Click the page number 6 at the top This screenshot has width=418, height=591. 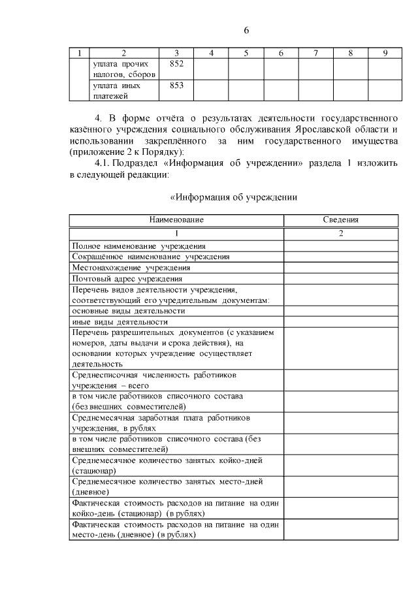pyautogui.click(x=247, y=30)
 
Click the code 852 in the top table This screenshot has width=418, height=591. pyautogui.click(x=176, y=64)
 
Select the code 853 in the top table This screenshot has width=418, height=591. pyautogui.click(x=176, y=86)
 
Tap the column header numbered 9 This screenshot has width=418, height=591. pyautogui.click(x=385, y=52)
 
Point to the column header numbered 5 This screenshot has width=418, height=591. pyautogui.click(x=246, y=52)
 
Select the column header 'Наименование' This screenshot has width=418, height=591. pyautogui.click(x=176, y=220)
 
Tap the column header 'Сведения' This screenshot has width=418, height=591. pyautogui.click(x=341, y=220)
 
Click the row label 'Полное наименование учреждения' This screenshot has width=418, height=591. pyautogui.click(x=139, y=246)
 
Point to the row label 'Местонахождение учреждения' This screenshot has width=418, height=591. pyautogui.click(x=131, y=268)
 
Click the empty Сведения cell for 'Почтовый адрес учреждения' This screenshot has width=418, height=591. pyautogui.click(x=341, y=278)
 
